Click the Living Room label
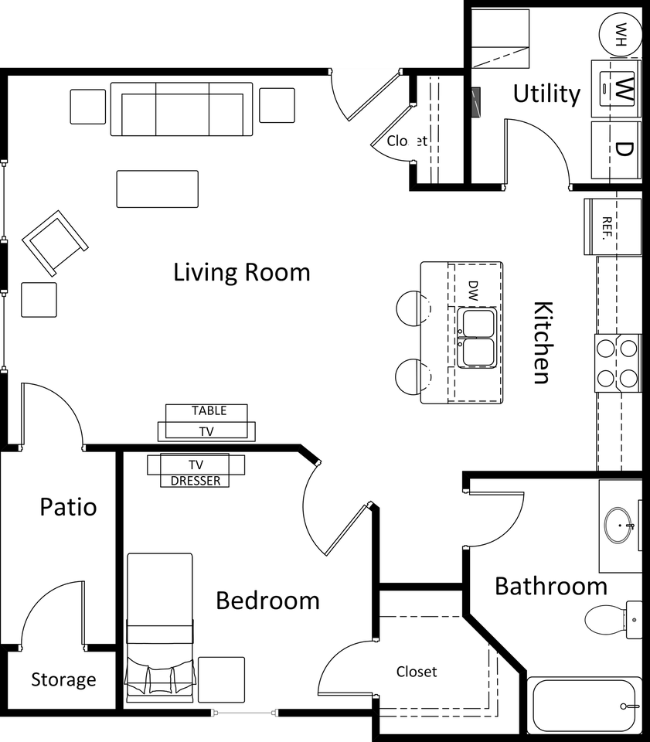[x=241, y=273]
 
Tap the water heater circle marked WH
[x=620, y=32]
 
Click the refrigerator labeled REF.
[x=612, y=226]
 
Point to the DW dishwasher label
[x=474, y=290]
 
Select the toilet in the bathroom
[x=614, y=619]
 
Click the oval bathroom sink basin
[x=619, y=525]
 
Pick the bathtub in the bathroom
[x=584, y=706]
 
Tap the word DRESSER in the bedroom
[x=196, y=481]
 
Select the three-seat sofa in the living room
[x=182, y=110]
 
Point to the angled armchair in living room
[x=55, y=243]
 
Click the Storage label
[x=63, y=680]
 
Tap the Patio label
[x=69, y=508]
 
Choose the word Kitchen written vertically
[x=542, y=342]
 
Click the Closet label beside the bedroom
[x=417, y=672]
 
